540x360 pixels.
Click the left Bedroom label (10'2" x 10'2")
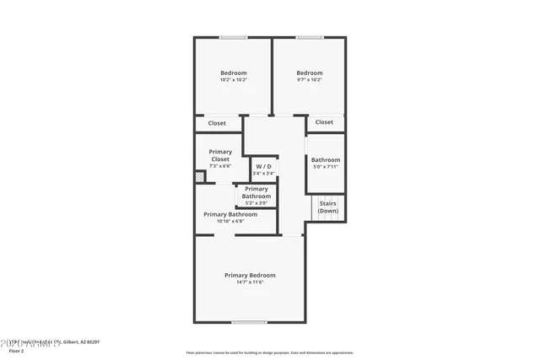pos(233,73)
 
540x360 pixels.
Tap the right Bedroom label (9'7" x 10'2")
pos(310,73)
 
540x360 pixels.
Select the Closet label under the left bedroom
pos(217,123)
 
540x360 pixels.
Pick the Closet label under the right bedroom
pos(324,122)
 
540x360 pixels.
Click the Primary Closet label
pos(220,155)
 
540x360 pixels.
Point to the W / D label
pos(264,167)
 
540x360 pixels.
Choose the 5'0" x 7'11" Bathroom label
pos(325,160)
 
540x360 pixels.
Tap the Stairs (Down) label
pos(328,207)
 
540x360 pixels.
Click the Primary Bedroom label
pos(250,276)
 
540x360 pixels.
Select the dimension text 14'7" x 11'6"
pos(250,283)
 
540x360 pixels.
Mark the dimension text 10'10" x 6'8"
pos(229,222)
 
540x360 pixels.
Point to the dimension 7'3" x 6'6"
pos(220,166)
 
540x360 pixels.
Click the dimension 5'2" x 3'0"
pos(256,203)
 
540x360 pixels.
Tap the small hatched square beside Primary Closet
pos(200,177)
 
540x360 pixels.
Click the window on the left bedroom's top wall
pos(234,37)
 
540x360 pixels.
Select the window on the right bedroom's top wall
pos(310,37)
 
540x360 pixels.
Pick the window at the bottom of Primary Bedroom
pos(250,322)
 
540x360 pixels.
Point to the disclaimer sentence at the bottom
pos(270,353)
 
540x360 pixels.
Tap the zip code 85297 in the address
pos(92,341)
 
